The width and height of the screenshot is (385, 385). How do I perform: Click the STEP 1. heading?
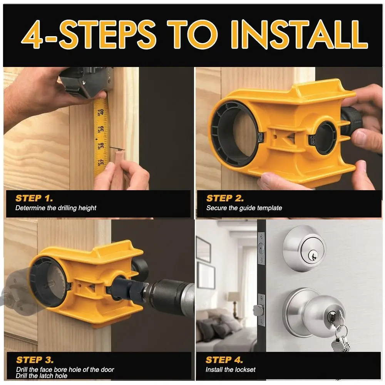[x=34, y=199]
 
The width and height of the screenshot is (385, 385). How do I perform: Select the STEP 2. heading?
[x=225, y=199]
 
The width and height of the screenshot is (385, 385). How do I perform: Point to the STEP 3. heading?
[x=35, y=360]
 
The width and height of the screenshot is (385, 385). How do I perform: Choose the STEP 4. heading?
[x=224, y=360]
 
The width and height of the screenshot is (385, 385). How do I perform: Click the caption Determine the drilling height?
[x=56, y=208]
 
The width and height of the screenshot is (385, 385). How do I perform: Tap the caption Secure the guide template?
[x=244, y=208]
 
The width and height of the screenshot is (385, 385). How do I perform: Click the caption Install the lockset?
[x=231, y=370]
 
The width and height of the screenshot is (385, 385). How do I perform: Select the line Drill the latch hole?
[x=42, y=376]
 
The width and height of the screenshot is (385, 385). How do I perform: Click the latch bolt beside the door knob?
[x=257, y=309]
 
